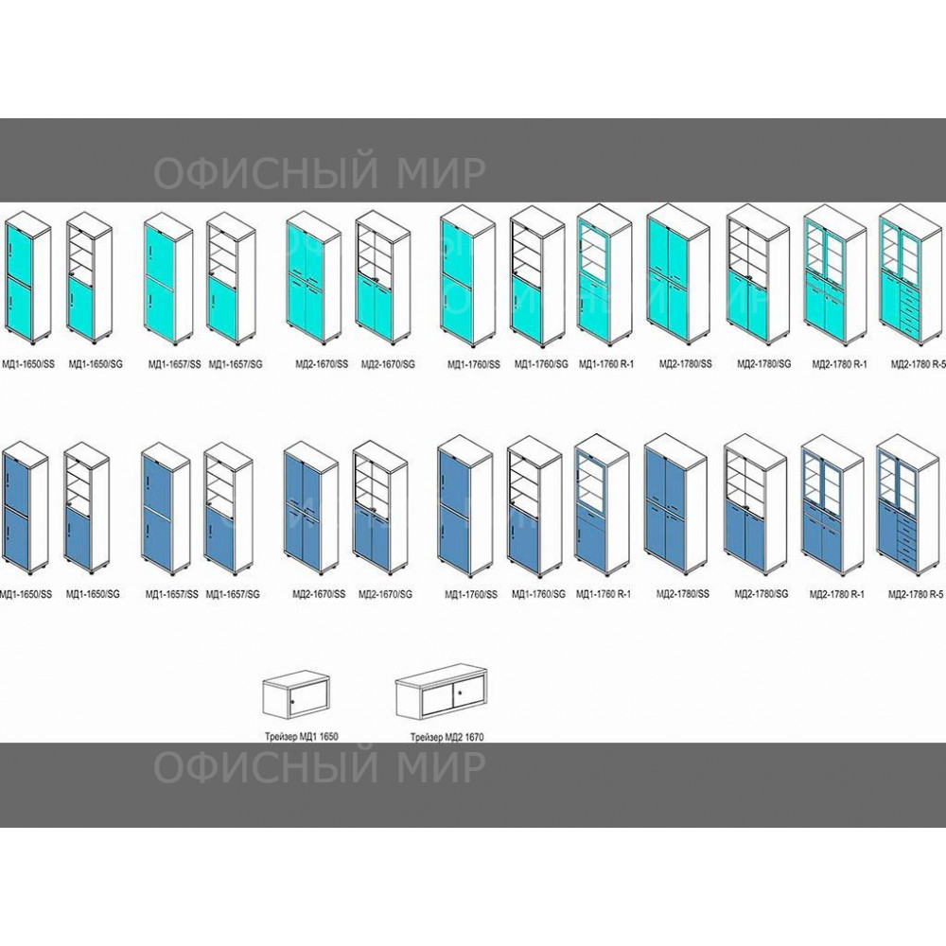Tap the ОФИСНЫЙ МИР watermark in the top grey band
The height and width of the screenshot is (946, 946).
[x=320, y=173]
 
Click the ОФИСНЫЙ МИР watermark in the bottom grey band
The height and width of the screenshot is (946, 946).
[x=320, y=769]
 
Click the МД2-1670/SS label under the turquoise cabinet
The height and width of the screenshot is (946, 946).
[x=315, y=363]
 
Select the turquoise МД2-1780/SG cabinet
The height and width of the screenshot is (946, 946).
[x=758, y=277]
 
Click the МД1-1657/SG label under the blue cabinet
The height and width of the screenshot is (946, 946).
[x=232, y=593]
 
